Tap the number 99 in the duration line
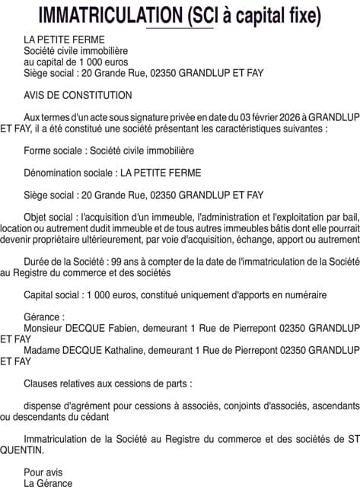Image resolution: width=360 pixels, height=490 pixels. coord(116,260)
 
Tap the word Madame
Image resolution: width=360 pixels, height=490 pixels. coord(42,349)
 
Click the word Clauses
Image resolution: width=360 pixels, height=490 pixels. coord(40,383)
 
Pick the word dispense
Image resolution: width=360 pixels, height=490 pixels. coord(43,405)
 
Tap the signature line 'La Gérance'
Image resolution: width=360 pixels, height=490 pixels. coord(48,483)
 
